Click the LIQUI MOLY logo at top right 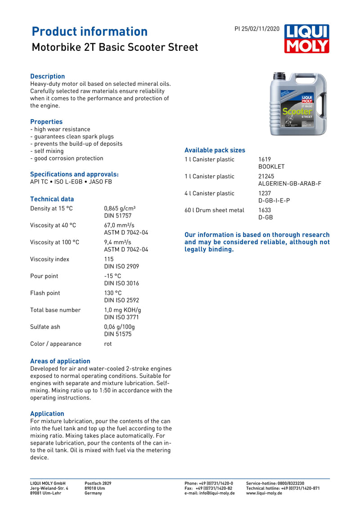306,39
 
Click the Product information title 90,31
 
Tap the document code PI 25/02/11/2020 257,29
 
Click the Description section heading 47,76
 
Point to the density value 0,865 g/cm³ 120,209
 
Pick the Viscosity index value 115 109,259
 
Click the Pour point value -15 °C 112,276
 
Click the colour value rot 108,344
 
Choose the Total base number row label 55,310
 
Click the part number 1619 265,160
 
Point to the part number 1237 265,193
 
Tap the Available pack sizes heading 215,150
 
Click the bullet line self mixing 47,151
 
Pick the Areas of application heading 60,361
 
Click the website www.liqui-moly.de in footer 264,493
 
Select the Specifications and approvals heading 74,174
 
